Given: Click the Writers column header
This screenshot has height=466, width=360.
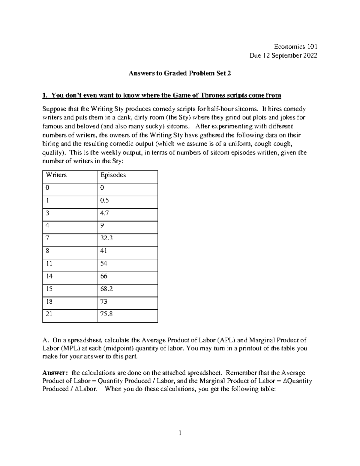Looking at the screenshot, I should coord(56,175).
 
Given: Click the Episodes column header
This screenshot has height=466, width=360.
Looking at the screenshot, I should coord(113,175).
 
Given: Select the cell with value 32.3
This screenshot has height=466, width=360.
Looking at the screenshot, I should coord(106,238).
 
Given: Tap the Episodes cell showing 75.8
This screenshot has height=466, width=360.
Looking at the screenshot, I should coord(106,314).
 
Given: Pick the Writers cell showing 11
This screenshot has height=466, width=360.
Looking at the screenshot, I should coord(49,263).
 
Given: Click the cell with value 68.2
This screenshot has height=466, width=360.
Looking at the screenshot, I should coord(106,289).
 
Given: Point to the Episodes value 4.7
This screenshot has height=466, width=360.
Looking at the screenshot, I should coord(105,213).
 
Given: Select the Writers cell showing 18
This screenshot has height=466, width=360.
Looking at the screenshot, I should coord(49,301).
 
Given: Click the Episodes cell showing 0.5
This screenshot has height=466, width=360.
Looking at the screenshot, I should coord(105,200).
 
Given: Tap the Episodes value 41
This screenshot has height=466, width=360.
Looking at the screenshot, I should coord(104,251).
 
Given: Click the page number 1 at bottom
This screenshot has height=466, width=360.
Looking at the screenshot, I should coord(180,433).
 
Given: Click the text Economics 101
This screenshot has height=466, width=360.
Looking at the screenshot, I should coord(295,47).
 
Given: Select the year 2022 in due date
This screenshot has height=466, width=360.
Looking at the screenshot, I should coord(310,56).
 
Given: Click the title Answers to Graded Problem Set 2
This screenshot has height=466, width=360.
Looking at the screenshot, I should coord(180,73).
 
